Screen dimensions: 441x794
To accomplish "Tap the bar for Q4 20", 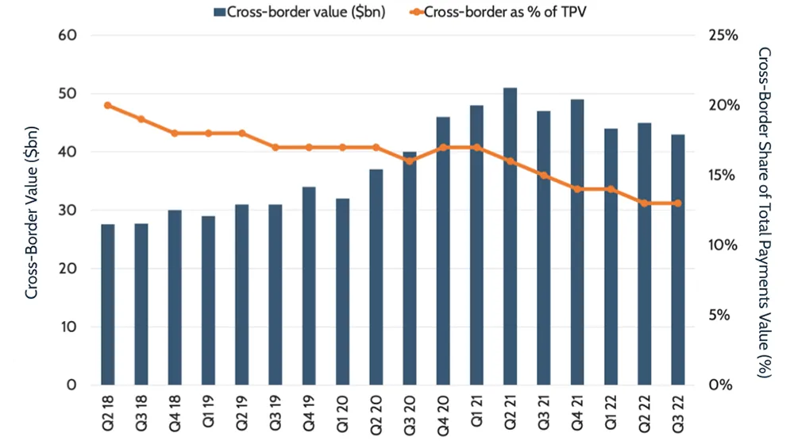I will pos(443,251).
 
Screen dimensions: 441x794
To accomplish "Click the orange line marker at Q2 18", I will pos(107,106).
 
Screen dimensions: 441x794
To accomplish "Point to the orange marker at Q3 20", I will pos(410,161).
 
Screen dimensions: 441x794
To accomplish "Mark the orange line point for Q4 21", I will pos(577,189).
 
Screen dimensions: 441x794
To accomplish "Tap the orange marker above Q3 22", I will pos(678,203).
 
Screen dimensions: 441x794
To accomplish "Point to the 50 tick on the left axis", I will pos(67,94).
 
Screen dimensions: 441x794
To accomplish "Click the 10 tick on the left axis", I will pos(67,327).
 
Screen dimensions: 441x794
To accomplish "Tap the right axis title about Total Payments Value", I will pos(765,211).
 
